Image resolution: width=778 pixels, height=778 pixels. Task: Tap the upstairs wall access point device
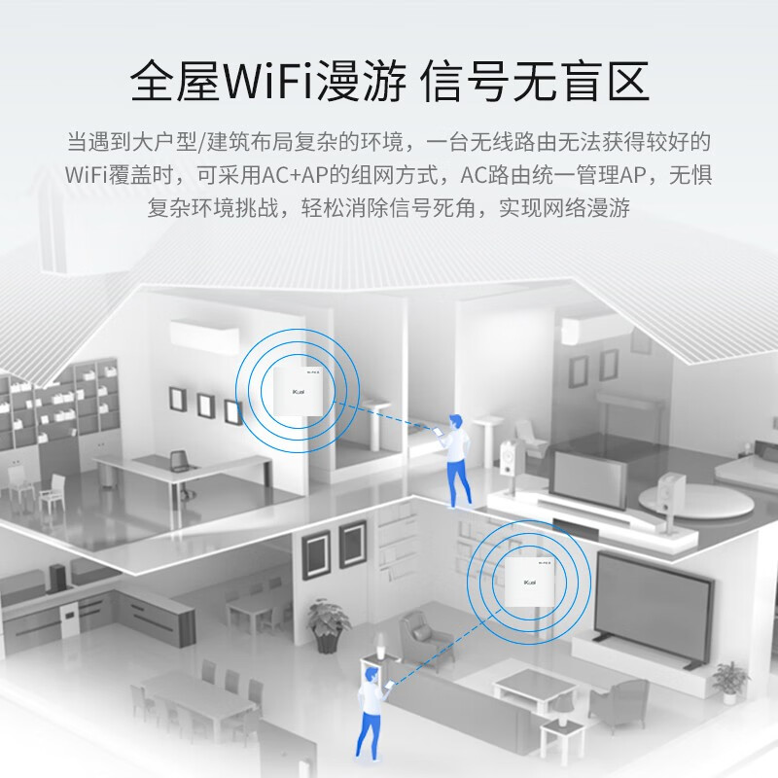pyautogui.click(x=298, y=391)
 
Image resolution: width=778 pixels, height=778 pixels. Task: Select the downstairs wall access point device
pyautogui.click(x=529, y=582)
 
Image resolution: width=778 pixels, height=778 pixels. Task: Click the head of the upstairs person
pyautogui.click(x=455, y=423)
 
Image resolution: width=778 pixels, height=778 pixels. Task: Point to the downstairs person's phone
pyautogui.click(x=390, y=686)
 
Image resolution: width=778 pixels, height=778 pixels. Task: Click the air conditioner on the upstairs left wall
pyautogui.click(x=203, y=335)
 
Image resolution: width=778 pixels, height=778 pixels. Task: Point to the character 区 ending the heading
pyautogui.click(x=628, y=82)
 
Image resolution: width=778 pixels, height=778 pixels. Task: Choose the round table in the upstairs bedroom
pyautogui.click(x=694, y=500)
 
